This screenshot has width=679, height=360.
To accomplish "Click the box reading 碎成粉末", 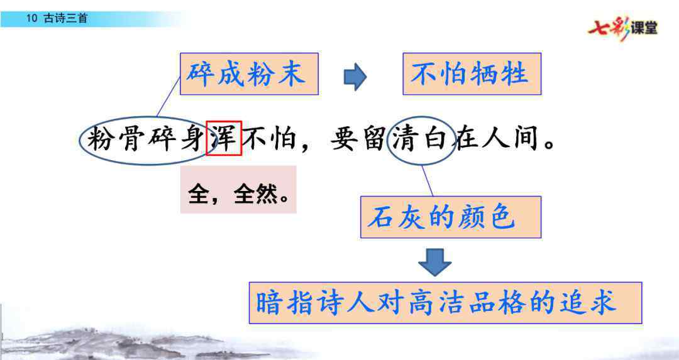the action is click(x=249, y=74).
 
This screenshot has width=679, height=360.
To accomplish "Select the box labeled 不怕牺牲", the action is click(x=472, y=74).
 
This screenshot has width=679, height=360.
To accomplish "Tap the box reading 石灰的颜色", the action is click(x=451, y=217).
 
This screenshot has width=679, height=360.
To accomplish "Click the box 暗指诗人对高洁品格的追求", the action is click(x=445, y=303).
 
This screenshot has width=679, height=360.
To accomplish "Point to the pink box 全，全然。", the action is click(x=238, y=190).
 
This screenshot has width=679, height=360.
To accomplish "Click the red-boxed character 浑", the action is click(x=223, y=138).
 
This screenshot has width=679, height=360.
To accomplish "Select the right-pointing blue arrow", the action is click(x=355, y=77).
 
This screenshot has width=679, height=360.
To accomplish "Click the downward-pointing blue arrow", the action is click(x=435, y=262).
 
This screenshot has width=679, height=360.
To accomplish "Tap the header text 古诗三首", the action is click(x=66, y=18).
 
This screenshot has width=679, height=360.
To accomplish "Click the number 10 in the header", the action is click(x=31, y=18).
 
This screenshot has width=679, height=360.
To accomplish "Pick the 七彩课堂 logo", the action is click(x=622, y=28).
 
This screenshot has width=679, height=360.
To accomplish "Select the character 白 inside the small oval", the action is click(x=435, y=138).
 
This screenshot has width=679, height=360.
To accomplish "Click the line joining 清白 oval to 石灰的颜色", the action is click(x=428, y=180).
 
